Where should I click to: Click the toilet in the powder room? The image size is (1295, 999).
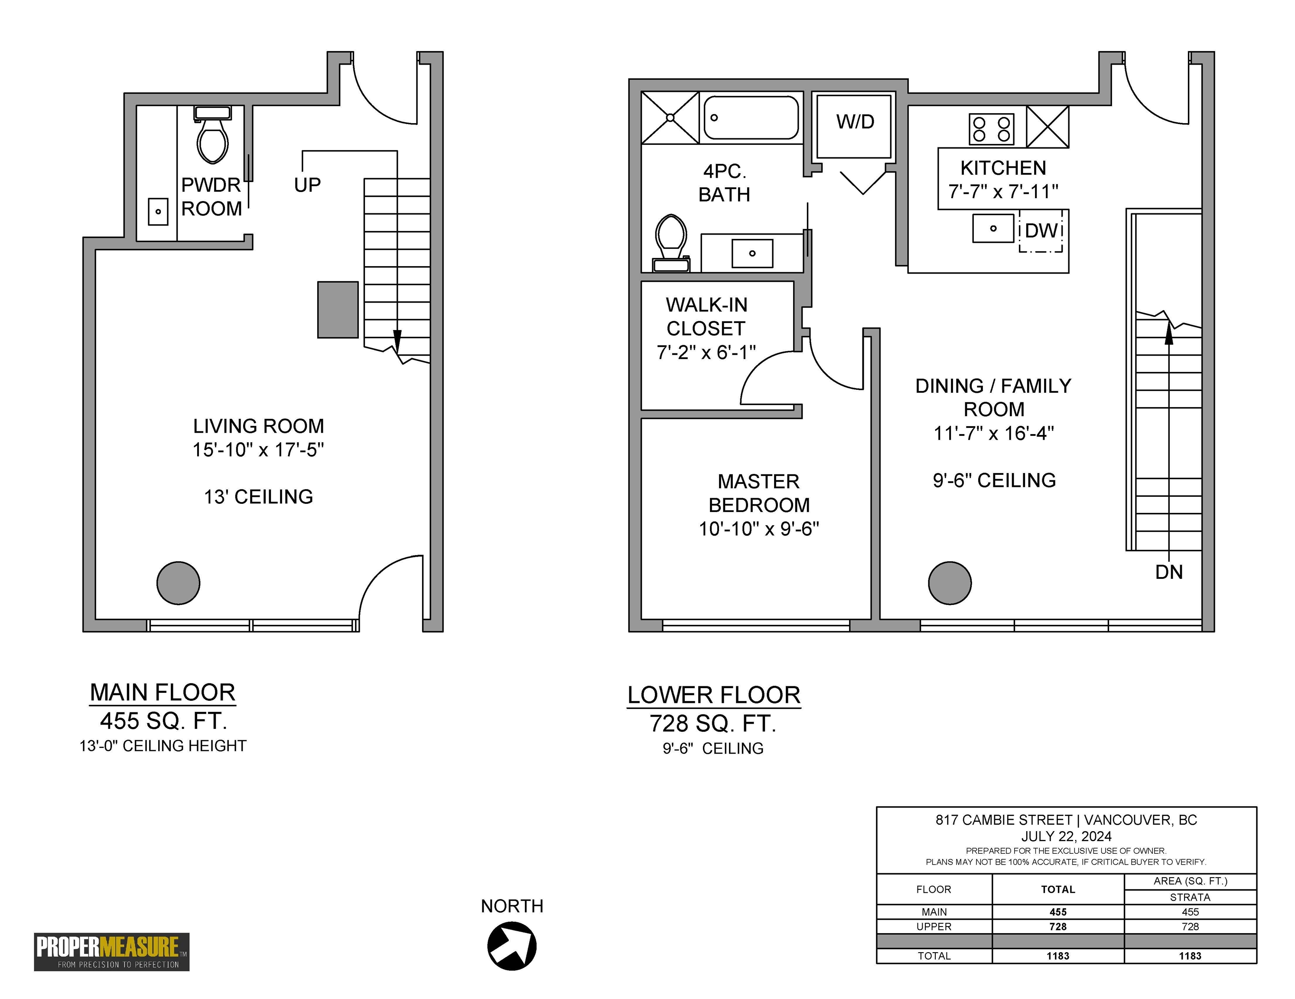[x=212, y=135]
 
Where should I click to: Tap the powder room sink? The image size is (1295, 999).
[x=158, y=212]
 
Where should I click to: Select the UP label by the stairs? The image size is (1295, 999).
[x=307, y=185]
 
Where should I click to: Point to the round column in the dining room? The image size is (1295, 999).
[x=950, y=583]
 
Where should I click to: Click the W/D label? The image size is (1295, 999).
[x=855, y=121]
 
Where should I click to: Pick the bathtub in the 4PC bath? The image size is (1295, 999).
[x=751, y=118]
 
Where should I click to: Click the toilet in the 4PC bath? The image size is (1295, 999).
[x=671, y=243]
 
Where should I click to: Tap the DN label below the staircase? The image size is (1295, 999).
[x=1169, y=572]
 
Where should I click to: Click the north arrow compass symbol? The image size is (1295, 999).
[x=512, y=946]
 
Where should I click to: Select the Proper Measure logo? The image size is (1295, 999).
[x=111, y=952]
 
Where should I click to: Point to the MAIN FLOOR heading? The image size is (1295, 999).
[x=163, y=692]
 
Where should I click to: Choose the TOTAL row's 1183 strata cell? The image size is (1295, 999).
[x=1190, y=956]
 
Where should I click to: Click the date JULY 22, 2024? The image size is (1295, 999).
[x=1066, y=836]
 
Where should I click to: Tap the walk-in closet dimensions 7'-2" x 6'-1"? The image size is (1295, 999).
[x=706, y=353]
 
